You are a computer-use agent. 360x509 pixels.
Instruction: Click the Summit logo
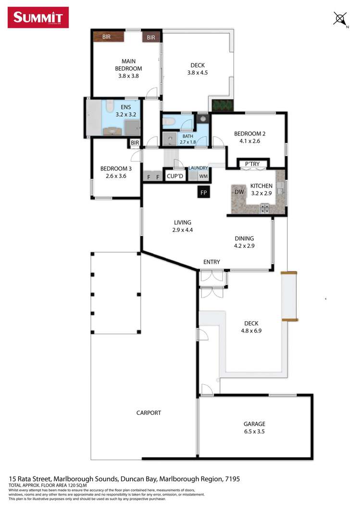point(38,18)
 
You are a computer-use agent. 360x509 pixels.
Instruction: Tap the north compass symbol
point(340,19)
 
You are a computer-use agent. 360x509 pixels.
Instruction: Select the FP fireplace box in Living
point(203,193)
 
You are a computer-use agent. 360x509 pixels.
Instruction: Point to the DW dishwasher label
point(239,192)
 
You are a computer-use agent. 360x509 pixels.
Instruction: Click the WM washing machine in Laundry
point(203,176)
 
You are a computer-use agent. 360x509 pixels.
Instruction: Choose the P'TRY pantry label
point(252,164)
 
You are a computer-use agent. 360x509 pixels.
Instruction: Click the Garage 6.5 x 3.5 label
point(254,428)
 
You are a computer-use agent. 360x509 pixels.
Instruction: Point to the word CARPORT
point(149,412)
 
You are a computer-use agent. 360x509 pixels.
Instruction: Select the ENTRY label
point(211,262)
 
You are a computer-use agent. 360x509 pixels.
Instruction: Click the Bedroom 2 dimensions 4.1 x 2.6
point(250,141)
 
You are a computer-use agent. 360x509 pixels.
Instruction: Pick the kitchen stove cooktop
point(264,208)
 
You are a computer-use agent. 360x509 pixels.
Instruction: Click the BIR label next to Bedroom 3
point(135,143)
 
